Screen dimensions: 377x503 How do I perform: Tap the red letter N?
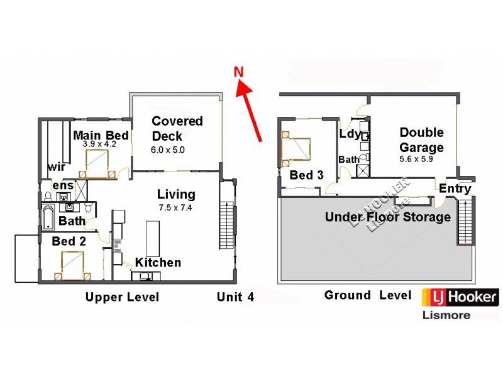click(x=239, y=72)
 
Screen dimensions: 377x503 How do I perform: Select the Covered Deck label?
click(x=177, y=128)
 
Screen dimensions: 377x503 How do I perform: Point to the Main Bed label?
click(x=101, y=135)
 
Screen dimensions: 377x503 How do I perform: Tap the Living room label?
click(x=176, y=194)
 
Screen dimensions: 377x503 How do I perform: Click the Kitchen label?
click(x=158, y=263)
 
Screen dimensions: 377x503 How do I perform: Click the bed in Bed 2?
click(x=72, y=264)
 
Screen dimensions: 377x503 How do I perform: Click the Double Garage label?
click(x=421, y=140)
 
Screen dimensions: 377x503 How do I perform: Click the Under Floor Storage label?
click(x=387, y=217)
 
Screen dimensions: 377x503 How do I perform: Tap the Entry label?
click(x=455, y=188)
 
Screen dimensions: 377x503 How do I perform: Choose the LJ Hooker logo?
click(x=464, y=297)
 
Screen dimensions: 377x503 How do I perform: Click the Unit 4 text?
click(x=235, y=297)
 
